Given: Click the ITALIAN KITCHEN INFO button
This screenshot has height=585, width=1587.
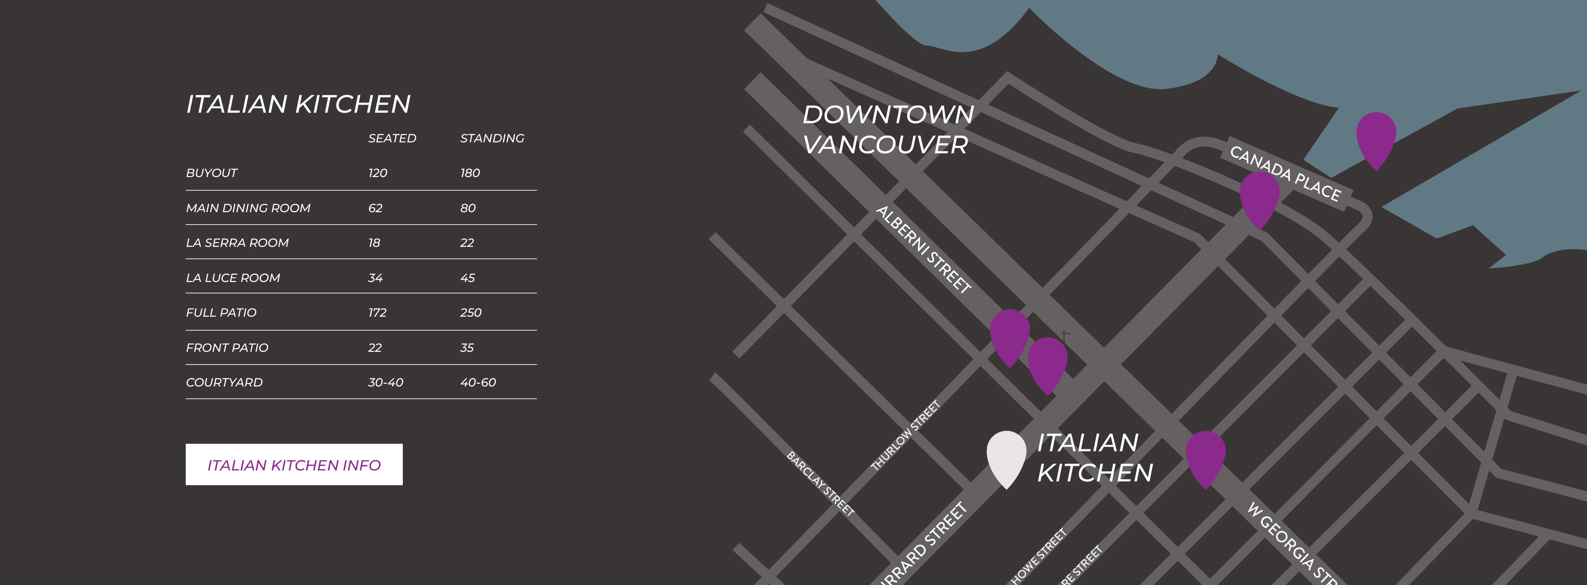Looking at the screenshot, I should click(294, 465).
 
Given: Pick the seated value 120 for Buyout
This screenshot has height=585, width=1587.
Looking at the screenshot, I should click(378, 173).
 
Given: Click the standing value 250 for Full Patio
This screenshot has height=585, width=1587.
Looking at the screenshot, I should click(471, 313).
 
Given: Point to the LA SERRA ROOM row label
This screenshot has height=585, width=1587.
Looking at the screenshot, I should click(237, 243).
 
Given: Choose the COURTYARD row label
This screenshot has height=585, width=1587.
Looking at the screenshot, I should click(224, 382).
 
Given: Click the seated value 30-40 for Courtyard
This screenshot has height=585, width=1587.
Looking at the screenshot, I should click(385, 382).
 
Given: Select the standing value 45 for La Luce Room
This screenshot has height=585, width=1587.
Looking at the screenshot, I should click(468, 278).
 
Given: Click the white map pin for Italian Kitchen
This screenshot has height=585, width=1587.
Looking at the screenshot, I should click(1006, 456).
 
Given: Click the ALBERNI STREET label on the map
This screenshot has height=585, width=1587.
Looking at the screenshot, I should click(923, 250).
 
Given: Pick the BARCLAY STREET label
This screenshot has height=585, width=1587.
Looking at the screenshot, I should click(821, 483).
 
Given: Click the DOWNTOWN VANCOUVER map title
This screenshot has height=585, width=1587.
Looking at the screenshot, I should click(887, 129).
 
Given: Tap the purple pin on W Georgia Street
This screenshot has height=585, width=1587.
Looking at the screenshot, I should click(1206, 456).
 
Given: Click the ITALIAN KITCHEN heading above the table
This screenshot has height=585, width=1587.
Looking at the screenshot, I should click(298, 104).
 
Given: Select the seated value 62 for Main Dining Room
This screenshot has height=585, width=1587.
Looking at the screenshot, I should click(375, 208).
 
